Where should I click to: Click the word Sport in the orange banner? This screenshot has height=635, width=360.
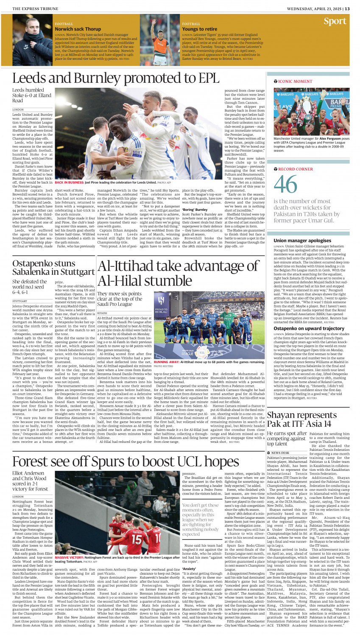pyautogui.click(x=335, y=21)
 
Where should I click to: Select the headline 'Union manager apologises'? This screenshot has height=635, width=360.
pyautogui.click(x=302, y=241)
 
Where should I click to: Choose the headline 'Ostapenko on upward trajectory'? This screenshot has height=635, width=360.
pyautogui.click(x=309, y=328)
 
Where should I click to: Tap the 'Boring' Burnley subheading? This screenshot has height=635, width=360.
pyautogui.click(x=195, y=210)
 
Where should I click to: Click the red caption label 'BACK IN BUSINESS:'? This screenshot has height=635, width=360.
pyautogui.click(x=69, y=182)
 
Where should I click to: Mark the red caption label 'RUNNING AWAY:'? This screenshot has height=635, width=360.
pyautogui.click(x=167, y=362)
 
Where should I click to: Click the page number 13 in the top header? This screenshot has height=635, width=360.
pyautogui.click(x=347, y=8)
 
